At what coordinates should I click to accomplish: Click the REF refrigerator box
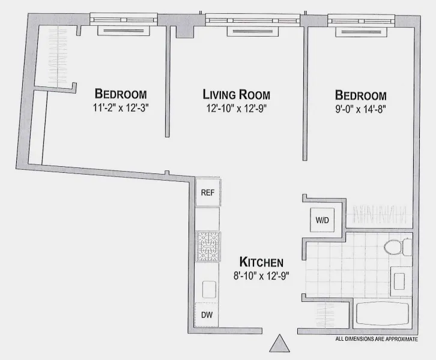[208, 193]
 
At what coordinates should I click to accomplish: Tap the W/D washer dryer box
[322, 220]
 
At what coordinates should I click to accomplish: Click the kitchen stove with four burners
[208, 247]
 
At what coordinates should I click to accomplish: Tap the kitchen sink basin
[209, 289]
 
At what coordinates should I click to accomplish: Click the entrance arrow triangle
[279, 344]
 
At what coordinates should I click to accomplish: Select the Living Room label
[236, 95]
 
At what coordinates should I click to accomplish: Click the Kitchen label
[261, 262]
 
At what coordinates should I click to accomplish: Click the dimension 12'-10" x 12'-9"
[236, 109]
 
